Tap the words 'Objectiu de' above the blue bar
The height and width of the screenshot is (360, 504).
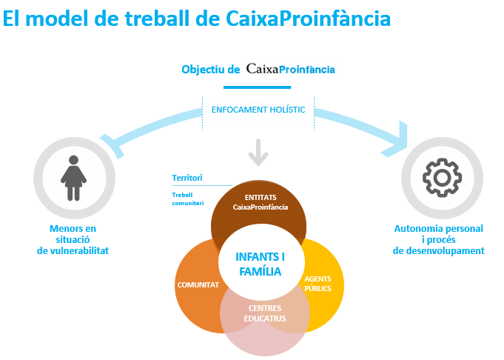point(211,69)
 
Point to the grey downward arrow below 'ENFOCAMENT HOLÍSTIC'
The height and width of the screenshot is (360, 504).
point(258,153)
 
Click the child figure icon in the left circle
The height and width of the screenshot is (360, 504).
point(73,178)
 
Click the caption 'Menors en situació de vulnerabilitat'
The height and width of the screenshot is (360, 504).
point(73,240)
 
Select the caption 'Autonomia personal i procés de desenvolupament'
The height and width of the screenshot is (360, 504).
point(439,240)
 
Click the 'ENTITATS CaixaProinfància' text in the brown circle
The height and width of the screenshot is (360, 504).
point(260,202)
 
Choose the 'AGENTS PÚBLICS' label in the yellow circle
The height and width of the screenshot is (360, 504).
point(317,283)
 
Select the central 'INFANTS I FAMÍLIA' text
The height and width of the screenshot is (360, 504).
point(258,264)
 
